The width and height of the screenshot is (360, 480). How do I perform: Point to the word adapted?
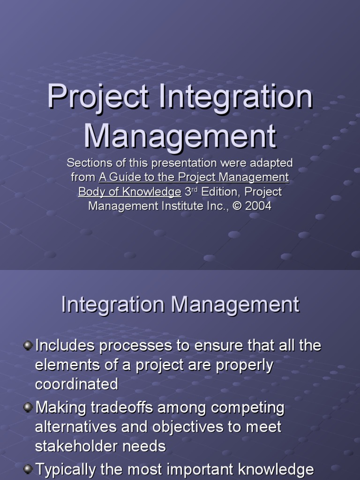coord(271,163)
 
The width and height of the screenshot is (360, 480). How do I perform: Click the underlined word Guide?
coord(122,177)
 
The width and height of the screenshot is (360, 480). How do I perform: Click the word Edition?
coord(220,192)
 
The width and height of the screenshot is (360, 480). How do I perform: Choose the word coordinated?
coord(76,384)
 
